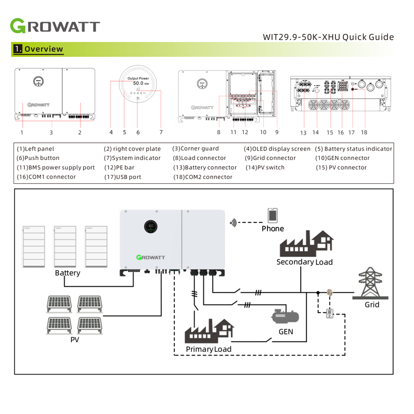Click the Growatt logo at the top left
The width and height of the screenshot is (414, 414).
54,26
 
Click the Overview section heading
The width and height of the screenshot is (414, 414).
38,50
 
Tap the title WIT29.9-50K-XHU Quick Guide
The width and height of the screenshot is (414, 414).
328,37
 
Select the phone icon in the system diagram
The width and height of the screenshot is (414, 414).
272,215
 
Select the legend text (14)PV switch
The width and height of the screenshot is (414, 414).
264,167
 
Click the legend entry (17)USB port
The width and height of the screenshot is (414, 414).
123,176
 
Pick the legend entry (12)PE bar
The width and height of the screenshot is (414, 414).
120,167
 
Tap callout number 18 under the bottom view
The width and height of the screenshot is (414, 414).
364,132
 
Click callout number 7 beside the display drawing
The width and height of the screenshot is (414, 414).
161,132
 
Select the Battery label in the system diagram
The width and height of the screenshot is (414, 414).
68,273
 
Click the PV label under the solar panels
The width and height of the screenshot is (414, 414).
75,340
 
